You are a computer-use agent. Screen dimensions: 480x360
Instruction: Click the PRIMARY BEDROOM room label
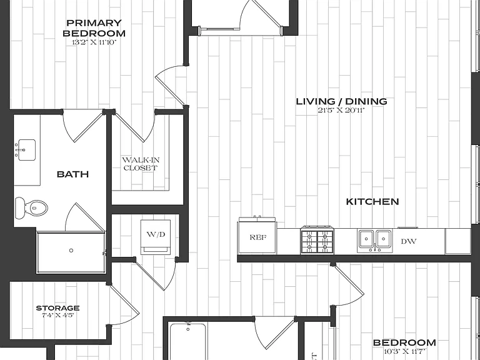pyautogui.click(x=94, y=28)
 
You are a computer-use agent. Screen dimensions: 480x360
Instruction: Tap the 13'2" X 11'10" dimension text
pyautogui.click(x=94, y=42)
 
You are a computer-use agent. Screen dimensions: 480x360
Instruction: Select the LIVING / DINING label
pyautogui.click(x=341, y=101)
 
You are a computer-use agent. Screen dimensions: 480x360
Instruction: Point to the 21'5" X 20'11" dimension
pyautogui.click(x=341, y=111)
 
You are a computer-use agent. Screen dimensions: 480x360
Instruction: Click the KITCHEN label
pyautogui.click(x=372, y=202)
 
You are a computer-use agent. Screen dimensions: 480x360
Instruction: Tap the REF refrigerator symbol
pyautogui.click(x=257, y=236)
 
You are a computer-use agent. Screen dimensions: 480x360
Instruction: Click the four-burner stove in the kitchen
pyautogui.click(x=317, y=240)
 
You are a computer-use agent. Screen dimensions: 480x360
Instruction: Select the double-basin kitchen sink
pyautogui.click(x=374, y=241)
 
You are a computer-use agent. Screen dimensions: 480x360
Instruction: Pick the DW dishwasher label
pyautogui.click(x=409, y=241)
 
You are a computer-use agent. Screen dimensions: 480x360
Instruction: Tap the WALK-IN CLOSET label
pyautogui.click(x=141, y=164)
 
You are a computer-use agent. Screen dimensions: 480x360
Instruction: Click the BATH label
pyautogui.click(x=73, y=174)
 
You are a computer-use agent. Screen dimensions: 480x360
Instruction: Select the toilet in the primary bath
pyautogui.click(x=31, y=208)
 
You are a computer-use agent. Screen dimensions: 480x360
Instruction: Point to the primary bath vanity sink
pyautogui.click(x=27, y=150)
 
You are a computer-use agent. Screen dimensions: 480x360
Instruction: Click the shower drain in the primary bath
pyautogui.click(x=71, y=251)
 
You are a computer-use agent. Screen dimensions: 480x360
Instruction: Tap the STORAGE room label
pyautogui.click(x=58, y=308)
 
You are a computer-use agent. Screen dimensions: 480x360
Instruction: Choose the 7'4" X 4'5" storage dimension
pyautogui.click(x=58, y=315)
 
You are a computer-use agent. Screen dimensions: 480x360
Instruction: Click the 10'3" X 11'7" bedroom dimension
pyautogui.click(x=404, y=351)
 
